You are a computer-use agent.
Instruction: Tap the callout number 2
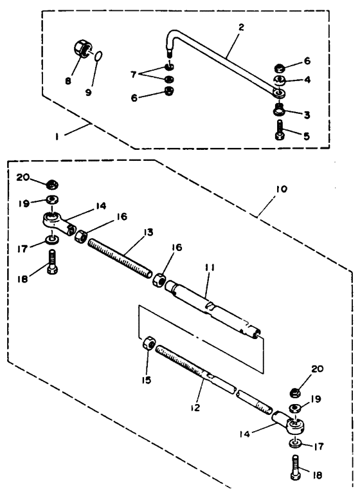[241, 28]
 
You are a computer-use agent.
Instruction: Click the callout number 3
[307, 115]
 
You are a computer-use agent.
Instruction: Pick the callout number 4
[307, 79]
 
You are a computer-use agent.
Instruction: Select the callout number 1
[57, 137]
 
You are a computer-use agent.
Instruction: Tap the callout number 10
[282, 189]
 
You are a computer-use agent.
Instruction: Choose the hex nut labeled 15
[149, 344]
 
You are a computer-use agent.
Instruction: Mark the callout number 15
[147, 380]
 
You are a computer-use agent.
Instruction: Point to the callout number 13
[148, 232]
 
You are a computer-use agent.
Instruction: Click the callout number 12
[195, 407]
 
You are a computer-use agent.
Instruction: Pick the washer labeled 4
[280, 80]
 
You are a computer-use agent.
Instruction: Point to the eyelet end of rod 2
[280, 93]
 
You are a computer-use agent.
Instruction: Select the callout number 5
[307, 136]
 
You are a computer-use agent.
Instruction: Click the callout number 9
[88, 92]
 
